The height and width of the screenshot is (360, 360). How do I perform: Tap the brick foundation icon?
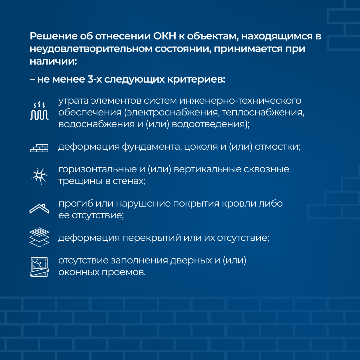(x=39, y=148)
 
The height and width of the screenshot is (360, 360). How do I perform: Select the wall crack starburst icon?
(x=39, y=176)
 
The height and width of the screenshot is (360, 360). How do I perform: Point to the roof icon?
(x=39, y=209)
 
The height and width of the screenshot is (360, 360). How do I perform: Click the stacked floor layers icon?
(x=39, y=237)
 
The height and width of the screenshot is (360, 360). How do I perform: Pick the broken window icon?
(x=39, y=267)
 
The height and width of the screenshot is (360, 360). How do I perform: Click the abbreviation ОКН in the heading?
(x=165, y=36)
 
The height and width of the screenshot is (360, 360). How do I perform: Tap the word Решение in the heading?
(x=53, y=36)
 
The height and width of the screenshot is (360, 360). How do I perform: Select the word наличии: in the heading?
(x=53, y=61)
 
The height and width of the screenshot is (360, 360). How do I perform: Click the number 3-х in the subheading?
(x=95, y=79)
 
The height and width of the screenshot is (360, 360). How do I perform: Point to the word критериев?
(x=196, y=80)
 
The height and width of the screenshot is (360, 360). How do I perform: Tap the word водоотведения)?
(x=211, y=124)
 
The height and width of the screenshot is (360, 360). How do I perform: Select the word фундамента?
(x=152, y=147)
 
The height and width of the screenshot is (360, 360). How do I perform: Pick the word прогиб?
(x=76, y=204)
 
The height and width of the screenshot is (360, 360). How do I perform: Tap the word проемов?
(x=123, y=272)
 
